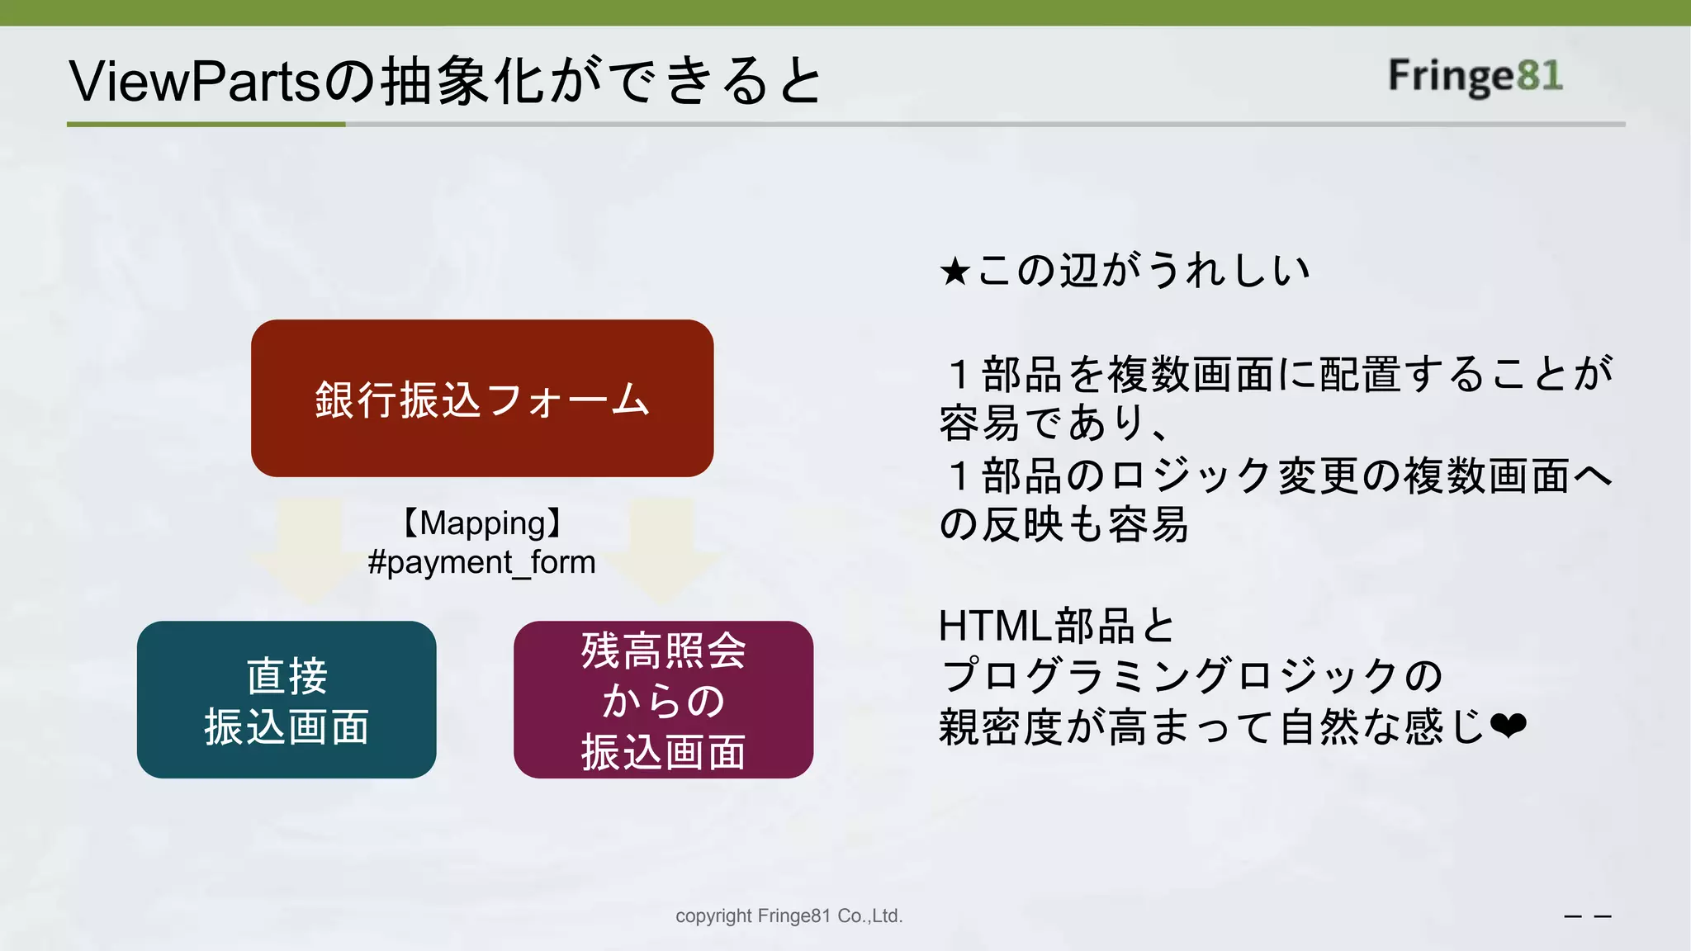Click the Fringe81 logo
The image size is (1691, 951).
coord(1475,76)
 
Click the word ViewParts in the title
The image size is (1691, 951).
coord(194,82)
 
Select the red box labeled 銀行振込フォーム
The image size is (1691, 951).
coord(482,398)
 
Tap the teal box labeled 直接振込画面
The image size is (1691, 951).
coord(287,699)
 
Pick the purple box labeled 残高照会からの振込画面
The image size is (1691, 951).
coord(663,699)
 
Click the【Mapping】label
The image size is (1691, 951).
coord(482,523)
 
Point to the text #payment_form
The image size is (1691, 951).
coord(482,563)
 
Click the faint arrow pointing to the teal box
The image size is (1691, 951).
coord(310,549)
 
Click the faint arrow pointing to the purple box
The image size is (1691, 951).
coord(661,549)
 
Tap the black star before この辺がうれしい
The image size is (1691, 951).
coord(954,272)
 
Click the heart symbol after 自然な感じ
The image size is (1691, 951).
coord(1509,727)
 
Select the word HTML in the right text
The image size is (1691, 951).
coord(995,626)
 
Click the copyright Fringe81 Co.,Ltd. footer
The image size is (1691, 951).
coord(789,916)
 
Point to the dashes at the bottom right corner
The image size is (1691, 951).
coord(1588,916)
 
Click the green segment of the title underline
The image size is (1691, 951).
coord(206,125)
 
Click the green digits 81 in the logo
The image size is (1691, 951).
coord(1539,76)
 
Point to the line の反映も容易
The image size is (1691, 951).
coord(1063,525)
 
